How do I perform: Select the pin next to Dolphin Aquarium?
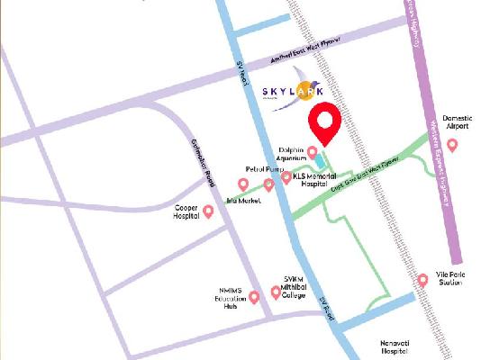pos(313,151)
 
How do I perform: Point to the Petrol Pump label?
pos(264,168)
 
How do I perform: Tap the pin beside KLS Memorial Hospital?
pos(286,177)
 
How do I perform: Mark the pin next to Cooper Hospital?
pos(209,211)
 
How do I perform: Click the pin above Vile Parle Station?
pos(422,281)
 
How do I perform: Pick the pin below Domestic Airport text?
pos(452,144)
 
